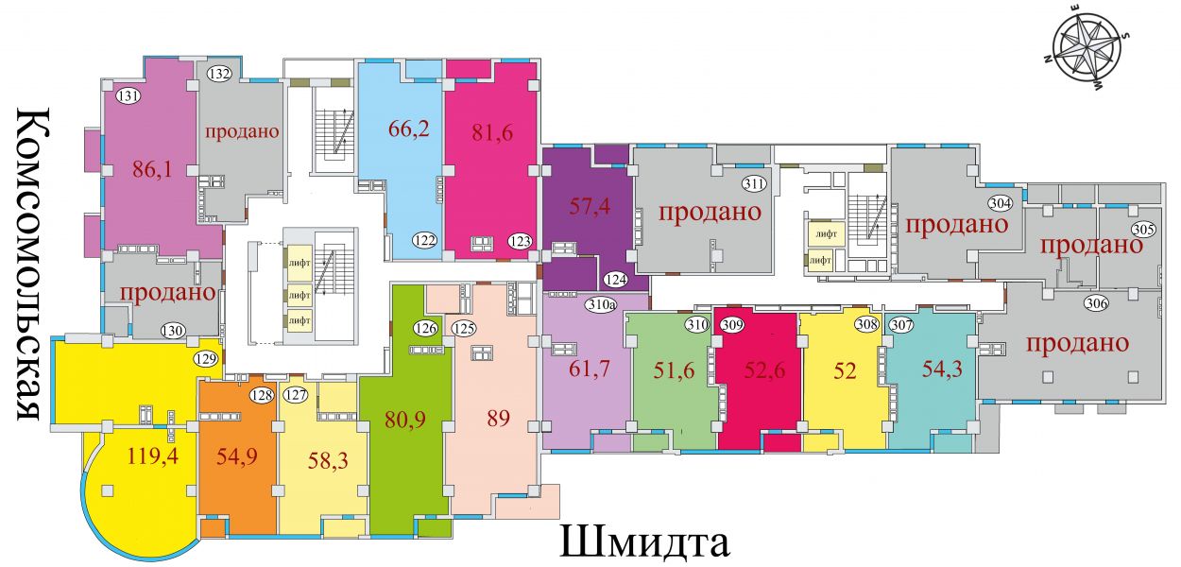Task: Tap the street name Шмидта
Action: [644, 542]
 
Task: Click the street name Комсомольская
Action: [29, 265]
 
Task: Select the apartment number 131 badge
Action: [128, 96]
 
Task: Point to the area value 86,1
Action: [152, 170]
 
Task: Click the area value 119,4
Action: [152, 455]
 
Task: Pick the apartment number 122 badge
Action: [424, 241]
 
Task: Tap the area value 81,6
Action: [492, 132]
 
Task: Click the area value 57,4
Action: [590, 206]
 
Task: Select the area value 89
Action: [498, 419]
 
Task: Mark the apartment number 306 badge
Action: [1096, 303]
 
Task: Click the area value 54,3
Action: [942, 369]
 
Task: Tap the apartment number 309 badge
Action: [732, 324]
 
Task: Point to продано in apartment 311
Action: [710, 212]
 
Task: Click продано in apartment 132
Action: [242, 131]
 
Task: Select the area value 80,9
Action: [405, 421]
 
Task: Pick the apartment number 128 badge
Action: [262, 395]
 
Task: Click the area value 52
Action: [845, 370]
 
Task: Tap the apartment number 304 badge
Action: [1000, 203]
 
